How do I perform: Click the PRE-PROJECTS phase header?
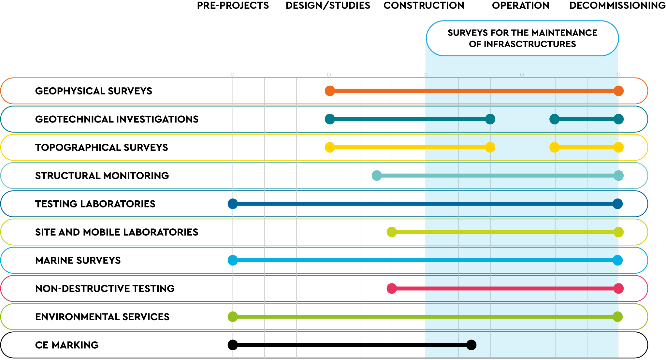[x=233, y=6]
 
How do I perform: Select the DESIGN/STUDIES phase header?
[x=328, y=6]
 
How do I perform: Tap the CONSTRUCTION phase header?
[x=424, y=6]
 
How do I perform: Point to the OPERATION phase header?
[x=521, y=6]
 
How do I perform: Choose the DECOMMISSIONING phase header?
[x=617, y=6]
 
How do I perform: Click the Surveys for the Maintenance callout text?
[x=522, y=38]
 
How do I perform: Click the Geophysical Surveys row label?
[x=94, y=91]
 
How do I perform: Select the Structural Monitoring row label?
[x=102, y=176]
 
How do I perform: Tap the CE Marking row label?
[x=67, y=345]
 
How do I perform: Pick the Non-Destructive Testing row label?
[x=105, y=289]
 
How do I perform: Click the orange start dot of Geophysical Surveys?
[x=330, y=91]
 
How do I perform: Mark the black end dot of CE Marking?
[x=471, y=345]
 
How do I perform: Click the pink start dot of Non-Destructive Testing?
[x=392, y=289]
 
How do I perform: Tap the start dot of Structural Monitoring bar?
[x=377, y=176]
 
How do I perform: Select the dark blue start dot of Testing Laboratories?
[x=233, y=204]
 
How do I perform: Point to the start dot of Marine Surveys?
[x=233, y=260]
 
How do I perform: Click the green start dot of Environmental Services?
[x=233, y=317]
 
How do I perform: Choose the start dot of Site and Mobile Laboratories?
[x=392, y=232]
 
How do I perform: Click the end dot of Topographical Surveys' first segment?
[x=490, y=147]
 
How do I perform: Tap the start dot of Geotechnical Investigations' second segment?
[x=554, y=119]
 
